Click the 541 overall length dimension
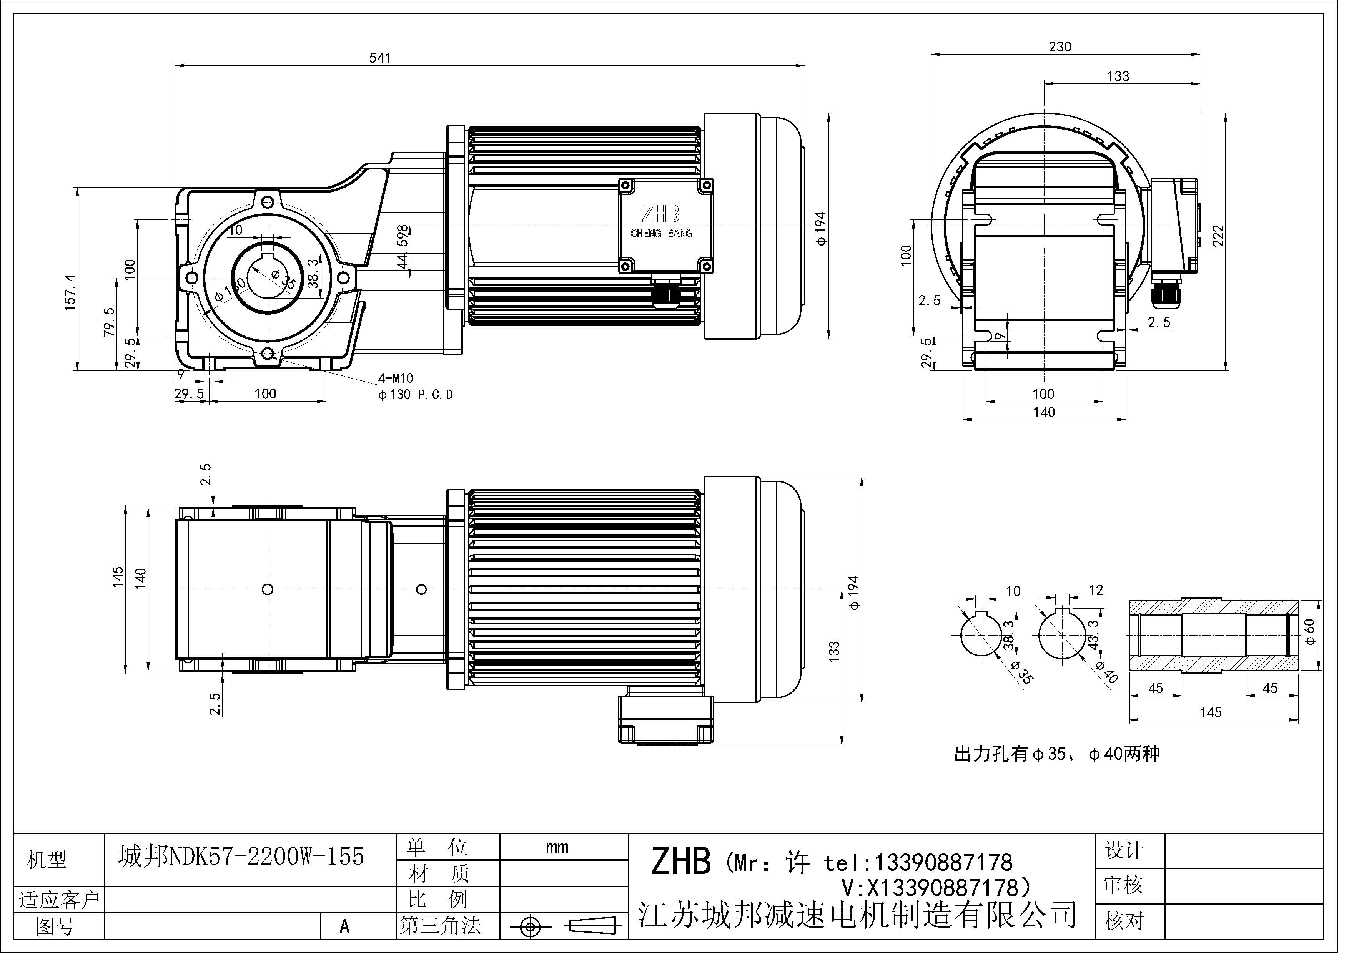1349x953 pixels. click(x=379, y=58)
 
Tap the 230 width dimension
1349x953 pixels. click(x=1060, y=46)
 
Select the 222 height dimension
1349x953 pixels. click(x=1219, y=236)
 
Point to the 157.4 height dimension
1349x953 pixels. click(x=70, y=291)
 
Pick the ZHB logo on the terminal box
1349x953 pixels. click(x=660, y=214)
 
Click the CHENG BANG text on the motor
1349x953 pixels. click(x=661, y=234)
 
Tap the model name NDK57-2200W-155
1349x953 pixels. click(x=241, y=857)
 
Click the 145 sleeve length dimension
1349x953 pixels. click(x=1211, y=712)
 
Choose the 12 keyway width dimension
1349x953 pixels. click(x=1096, y=590)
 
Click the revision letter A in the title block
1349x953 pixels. click(x=345, y=926)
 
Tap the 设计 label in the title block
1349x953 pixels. click(x=1124, y=850)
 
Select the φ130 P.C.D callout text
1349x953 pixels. click(x=416, y=395)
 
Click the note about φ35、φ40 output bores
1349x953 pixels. click(x=1057, y=754)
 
